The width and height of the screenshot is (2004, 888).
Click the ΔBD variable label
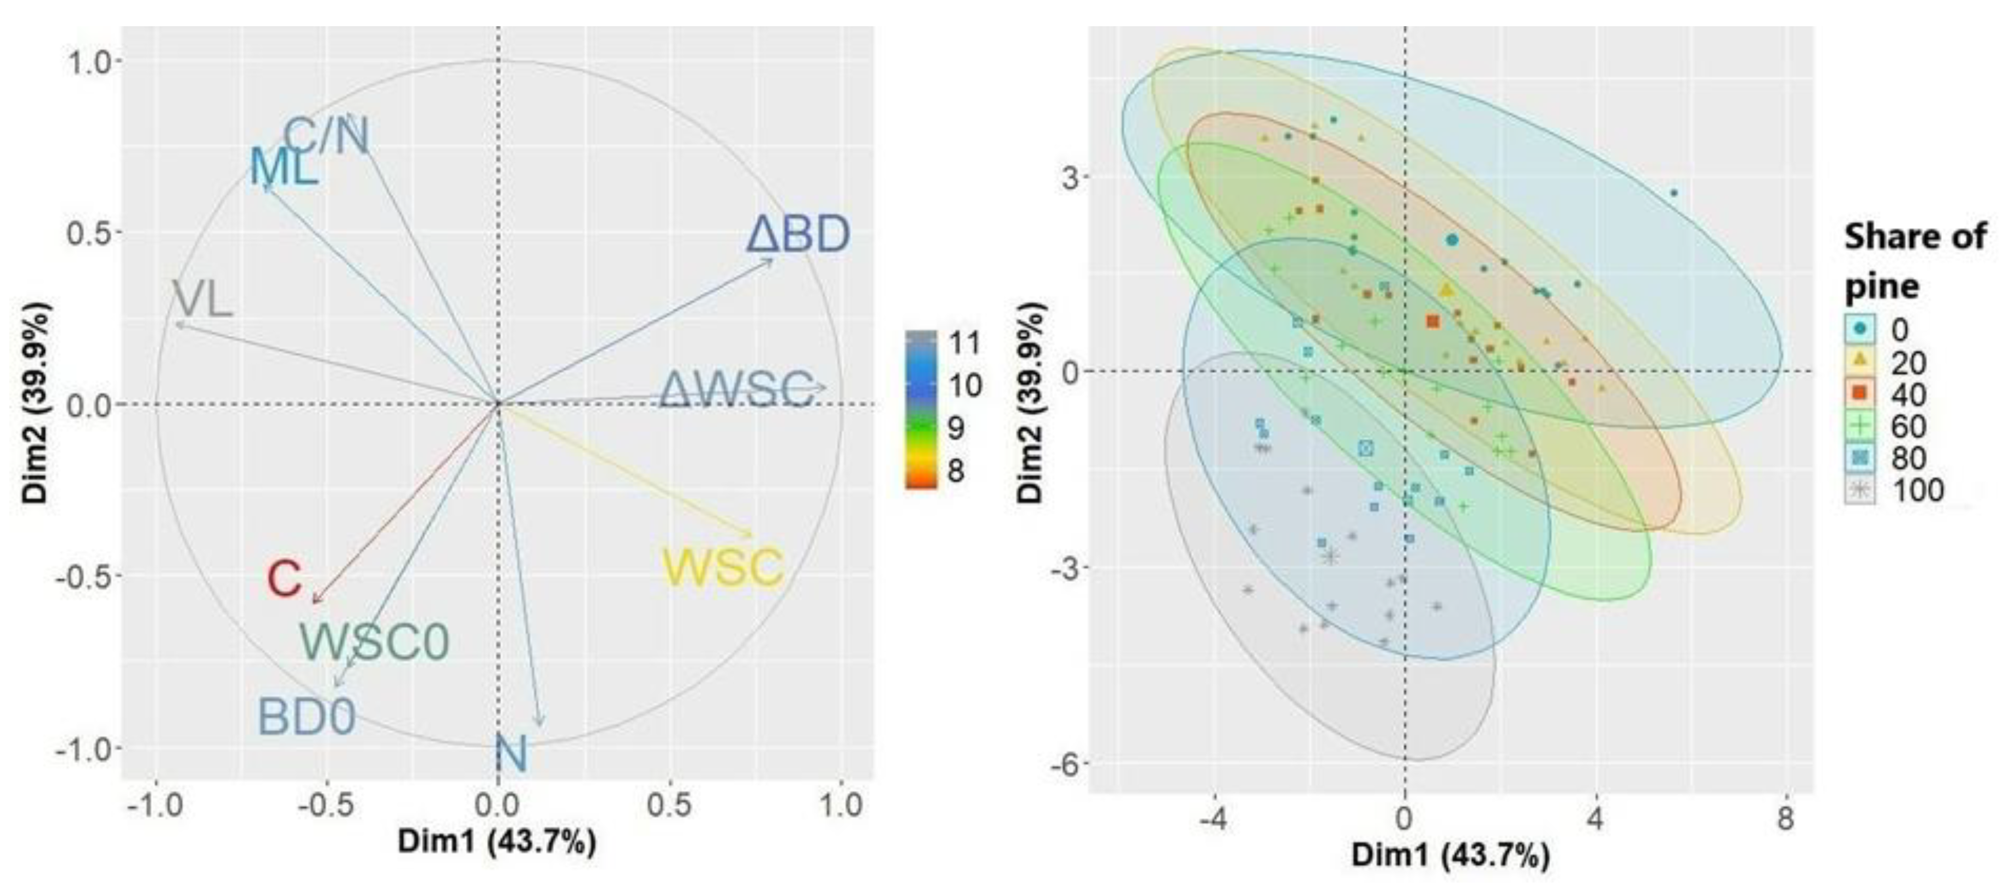[797, 235]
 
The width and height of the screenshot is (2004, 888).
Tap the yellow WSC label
[722, 568]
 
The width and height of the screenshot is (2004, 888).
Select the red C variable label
[284, 580]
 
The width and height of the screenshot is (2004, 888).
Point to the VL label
[201, 299]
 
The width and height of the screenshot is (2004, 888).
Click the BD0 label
[307, 717]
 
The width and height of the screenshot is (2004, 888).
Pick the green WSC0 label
[375, 643]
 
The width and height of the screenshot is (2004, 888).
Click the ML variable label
[283, 166]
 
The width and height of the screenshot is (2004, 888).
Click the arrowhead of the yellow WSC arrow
[752, 535]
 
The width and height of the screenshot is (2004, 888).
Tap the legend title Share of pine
[1914, 261]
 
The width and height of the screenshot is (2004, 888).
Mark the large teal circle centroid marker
[1451, 241]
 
